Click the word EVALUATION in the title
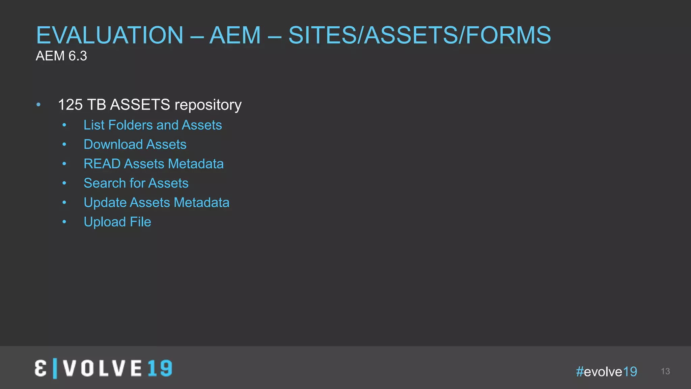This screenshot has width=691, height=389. (110, 35)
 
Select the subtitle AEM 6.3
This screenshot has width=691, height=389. (61, 56)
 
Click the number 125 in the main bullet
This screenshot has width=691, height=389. (70, 105)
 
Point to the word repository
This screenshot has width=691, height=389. (208, 105)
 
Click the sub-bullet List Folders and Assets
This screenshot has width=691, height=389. (153, 125)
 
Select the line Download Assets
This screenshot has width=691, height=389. (135, 145)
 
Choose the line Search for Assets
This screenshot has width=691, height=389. (136, 183)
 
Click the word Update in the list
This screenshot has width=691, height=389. (105, 203)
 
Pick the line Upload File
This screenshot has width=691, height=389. (117, 222)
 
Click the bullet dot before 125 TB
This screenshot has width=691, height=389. (38, 105)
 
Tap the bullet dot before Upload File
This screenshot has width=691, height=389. (64, 222)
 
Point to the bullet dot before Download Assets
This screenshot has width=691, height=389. (64, 145)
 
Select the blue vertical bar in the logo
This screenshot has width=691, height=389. (55, 368)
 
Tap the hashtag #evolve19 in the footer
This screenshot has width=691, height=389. (606, 371)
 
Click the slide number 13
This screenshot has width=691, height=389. (665, 371)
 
